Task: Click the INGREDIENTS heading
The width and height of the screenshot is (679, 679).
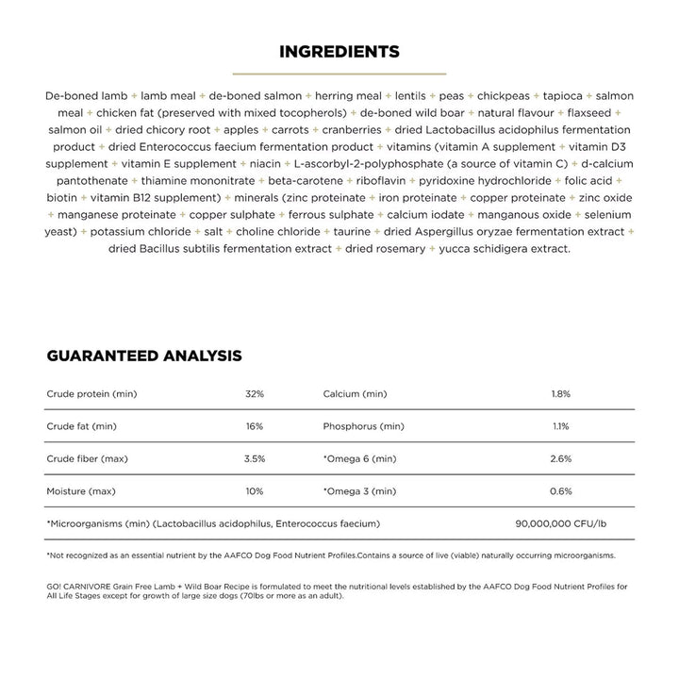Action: pyautogui.click(x=339, y=51)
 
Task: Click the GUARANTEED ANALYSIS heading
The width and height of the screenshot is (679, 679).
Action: pyautogui.click(x=144, y=356)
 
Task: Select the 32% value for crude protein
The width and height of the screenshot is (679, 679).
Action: pyautogui.click(x=254, y=393)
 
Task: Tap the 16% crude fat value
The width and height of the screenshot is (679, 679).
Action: pyautogui.click(x=254, y=426)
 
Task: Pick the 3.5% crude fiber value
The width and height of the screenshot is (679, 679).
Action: pyautogui.click(x=254, y=458)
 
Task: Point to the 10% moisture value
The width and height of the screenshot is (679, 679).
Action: pyautogui.click(x=254, y=491)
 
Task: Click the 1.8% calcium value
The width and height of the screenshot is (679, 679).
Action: pyautogui.click(x=560, y=393)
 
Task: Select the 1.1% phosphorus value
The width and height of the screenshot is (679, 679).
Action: pyautogui.click(x=560, y=426)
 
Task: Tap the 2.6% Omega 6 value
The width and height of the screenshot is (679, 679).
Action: pyautogui.click(x=560, y=458)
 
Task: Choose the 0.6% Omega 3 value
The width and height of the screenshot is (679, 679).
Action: pyautogui.click(x=560, y=491)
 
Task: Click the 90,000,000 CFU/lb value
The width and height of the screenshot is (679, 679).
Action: pyautogui.click(x=560, y=523)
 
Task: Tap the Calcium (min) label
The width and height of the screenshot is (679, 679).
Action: pyautogui.click(x=355, y=393)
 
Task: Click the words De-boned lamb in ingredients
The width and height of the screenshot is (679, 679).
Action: pyautogui.click(x=86, y=96)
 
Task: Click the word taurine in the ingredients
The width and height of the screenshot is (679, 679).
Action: pyautogui.click(x=352, y=232)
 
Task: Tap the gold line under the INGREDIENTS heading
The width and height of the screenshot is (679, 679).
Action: pyautogui.click(x=339, y=73)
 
